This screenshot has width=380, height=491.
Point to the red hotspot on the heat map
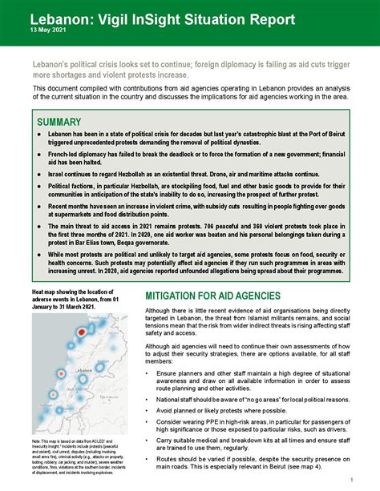[x=81, y=332]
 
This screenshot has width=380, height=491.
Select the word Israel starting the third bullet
[x=59, y=173]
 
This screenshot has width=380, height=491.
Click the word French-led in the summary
[x=67, y=151]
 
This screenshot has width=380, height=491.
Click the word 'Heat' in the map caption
[x=41, y=294]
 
